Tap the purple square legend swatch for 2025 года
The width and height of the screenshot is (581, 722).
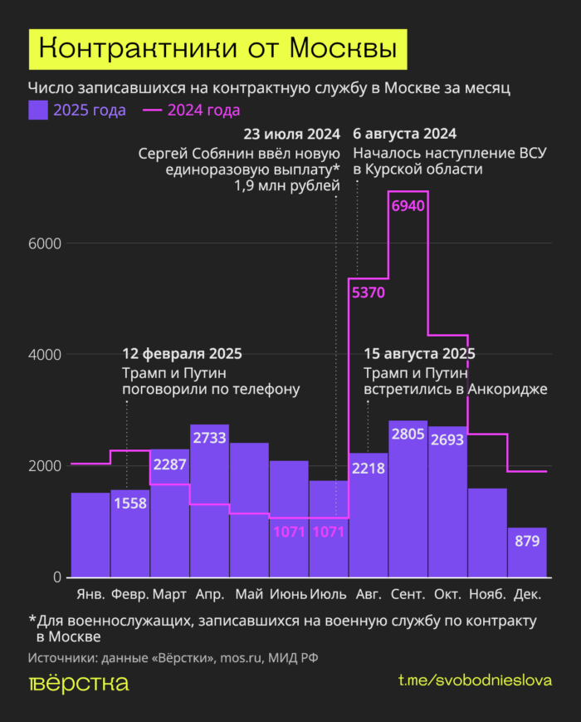pos(38,110)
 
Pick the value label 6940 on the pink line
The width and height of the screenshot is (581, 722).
pos(408,205)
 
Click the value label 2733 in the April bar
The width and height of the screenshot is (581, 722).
pos(209,438)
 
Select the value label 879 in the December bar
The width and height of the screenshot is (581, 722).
pos(527,541)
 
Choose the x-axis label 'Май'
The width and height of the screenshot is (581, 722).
pos(249,594)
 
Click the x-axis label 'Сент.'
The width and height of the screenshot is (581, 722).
pos(408,594)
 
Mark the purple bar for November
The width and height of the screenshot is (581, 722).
pos(487,533)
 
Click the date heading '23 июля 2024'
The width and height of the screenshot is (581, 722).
pos(291,135)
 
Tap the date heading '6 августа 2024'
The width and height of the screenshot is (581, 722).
pos(405,135)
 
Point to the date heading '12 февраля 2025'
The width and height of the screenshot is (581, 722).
pos(182,354)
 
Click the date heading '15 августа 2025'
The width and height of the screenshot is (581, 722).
pos(419,354)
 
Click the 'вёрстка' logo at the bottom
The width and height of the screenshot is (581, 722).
pos(79,683)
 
